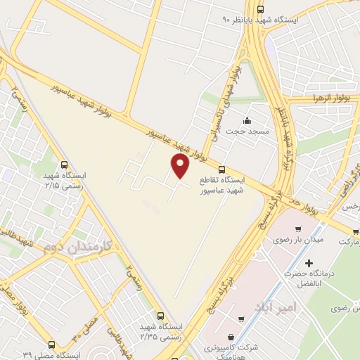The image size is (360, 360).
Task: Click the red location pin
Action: pos(180,166)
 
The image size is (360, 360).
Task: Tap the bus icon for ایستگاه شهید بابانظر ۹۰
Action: pos(261,9)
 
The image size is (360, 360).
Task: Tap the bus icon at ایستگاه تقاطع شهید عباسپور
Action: pos(222,169)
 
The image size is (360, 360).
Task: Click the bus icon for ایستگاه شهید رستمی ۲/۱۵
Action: pos(65,164)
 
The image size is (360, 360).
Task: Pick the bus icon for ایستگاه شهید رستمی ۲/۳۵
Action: pos(161,316)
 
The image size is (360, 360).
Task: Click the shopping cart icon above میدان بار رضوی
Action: pos(299,229)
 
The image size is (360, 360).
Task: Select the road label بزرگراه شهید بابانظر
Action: pos(287,134)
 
